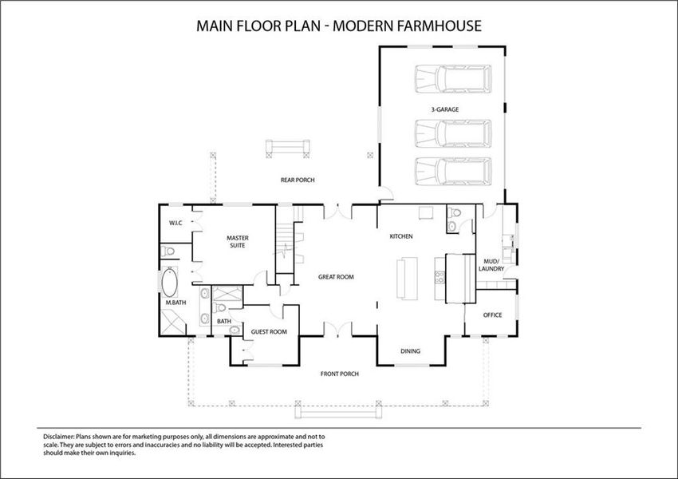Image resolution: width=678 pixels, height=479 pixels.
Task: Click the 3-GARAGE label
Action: [443, 109]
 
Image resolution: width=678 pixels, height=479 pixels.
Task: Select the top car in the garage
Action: [452, 79]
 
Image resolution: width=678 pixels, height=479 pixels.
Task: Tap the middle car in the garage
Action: [452, 133]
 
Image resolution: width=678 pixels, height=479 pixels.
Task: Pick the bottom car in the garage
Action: [452, 171]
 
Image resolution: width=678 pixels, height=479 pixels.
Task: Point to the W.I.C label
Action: [175, 223]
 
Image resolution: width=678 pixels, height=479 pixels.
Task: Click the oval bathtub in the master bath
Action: [170, 283]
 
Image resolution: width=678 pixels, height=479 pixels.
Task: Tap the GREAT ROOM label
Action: [336, 277]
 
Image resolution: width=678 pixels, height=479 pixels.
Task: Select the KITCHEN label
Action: [400, 236]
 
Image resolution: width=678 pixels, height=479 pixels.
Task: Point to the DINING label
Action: [410, 350]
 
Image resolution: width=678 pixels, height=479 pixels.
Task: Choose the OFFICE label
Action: [493, 315]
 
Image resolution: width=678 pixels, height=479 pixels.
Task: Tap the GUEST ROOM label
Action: [269, 331]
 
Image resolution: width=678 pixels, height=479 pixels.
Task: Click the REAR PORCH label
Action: [297, 180]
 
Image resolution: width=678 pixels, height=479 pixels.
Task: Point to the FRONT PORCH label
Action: [339, 374]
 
